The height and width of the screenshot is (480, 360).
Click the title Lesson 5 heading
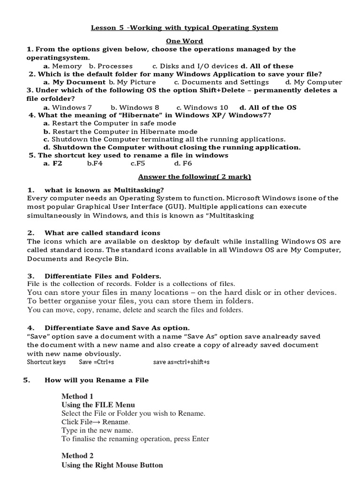tap(184, 28)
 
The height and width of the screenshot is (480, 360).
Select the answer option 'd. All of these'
tap(267, 66)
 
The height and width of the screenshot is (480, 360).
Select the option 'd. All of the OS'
tap(268, 107)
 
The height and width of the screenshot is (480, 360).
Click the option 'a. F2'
tap(52, 164)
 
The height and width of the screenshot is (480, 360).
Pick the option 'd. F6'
tap(183, 164)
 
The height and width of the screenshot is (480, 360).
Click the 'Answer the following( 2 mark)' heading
tap(194, 177)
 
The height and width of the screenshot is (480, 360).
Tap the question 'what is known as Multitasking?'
tap(104, 190)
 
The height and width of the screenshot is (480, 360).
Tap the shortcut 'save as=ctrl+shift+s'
tap(181, 362)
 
